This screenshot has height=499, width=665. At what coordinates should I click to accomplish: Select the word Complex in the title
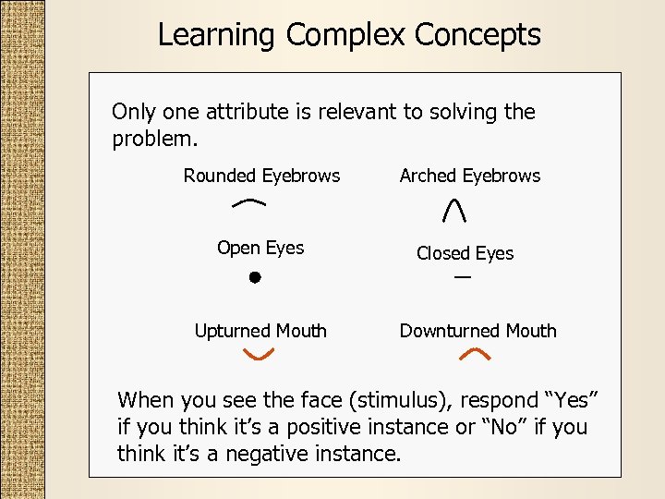(347, 35)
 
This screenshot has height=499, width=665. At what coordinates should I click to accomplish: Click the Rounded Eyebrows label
(261, 176)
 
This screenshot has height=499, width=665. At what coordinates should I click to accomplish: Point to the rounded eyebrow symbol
(250, 201)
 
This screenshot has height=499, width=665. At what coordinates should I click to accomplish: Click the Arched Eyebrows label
(470, 176)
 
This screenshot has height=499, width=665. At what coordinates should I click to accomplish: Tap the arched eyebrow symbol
(453, 212)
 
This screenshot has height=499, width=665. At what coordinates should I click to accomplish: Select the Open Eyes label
(260, 248)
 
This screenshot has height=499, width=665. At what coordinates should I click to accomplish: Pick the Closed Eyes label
(465, 253)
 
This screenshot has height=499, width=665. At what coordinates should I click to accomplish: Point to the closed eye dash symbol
(462, 277)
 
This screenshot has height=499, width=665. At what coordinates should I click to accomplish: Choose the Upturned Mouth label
(260, 331)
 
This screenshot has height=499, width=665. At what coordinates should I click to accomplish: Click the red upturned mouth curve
(259, 354)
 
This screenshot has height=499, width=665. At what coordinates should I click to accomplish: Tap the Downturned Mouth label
(478, 331)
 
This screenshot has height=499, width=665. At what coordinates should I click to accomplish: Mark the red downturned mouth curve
(474, 354)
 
